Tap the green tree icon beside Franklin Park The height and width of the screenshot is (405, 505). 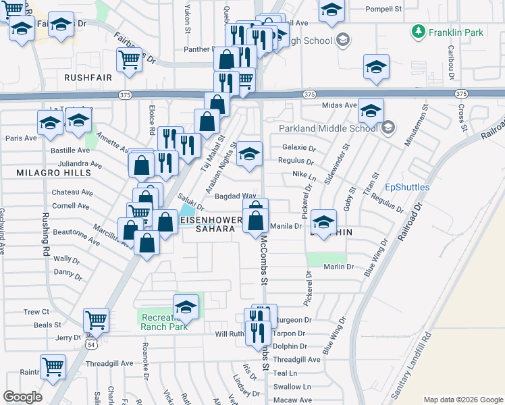click(419, 31)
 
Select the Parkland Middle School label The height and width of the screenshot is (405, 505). click(328, 128)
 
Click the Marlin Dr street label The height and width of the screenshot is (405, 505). click(339, 267)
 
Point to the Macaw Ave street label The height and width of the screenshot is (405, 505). click(293, 400)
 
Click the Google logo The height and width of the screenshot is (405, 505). click(22, 397)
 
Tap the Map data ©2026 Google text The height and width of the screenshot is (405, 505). click(462, 399)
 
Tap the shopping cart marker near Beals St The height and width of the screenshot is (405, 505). click(96, 319)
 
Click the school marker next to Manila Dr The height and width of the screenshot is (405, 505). click(323, 221)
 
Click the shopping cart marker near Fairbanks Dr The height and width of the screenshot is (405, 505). click(128, 59)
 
